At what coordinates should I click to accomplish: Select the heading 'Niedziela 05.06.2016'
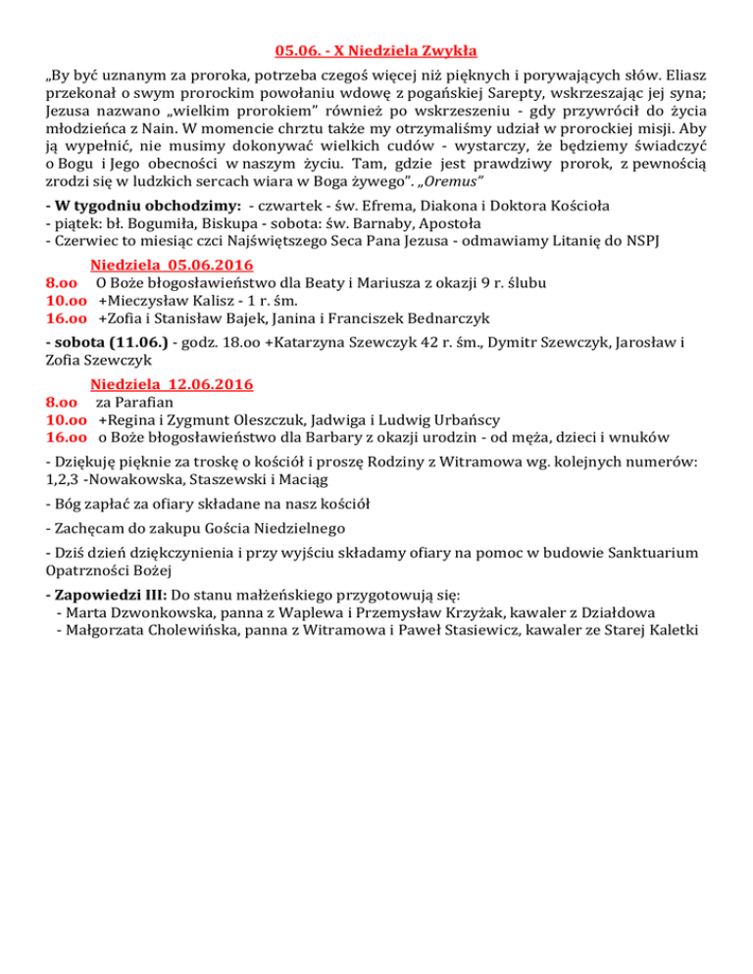point(172,265)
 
